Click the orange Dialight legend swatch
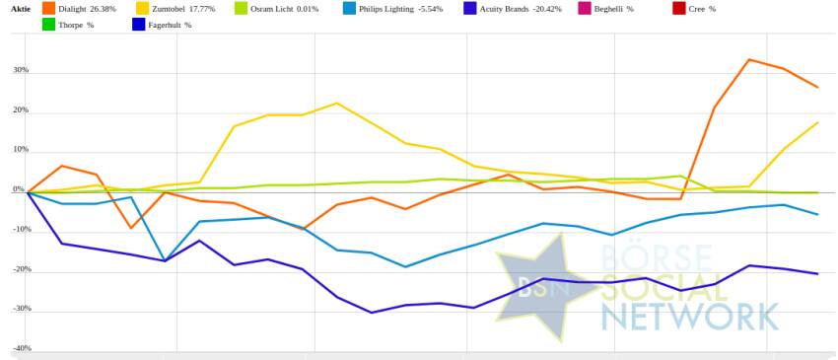[48, 9]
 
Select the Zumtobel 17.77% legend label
[191, 9]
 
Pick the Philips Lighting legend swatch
[349, 9]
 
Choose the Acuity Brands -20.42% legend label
[521, 9]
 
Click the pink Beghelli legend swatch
[586, 9]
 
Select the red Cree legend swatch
[679, 9]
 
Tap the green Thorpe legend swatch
[48, 25]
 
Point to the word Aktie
[21, 9]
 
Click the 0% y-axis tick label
[20, 189]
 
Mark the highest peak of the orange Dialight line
[748, 59]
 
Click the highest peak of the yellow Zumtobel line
[336, 103]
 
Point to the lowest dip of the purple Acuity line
[372, 313]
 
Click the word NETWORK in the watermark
[689, 317]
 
